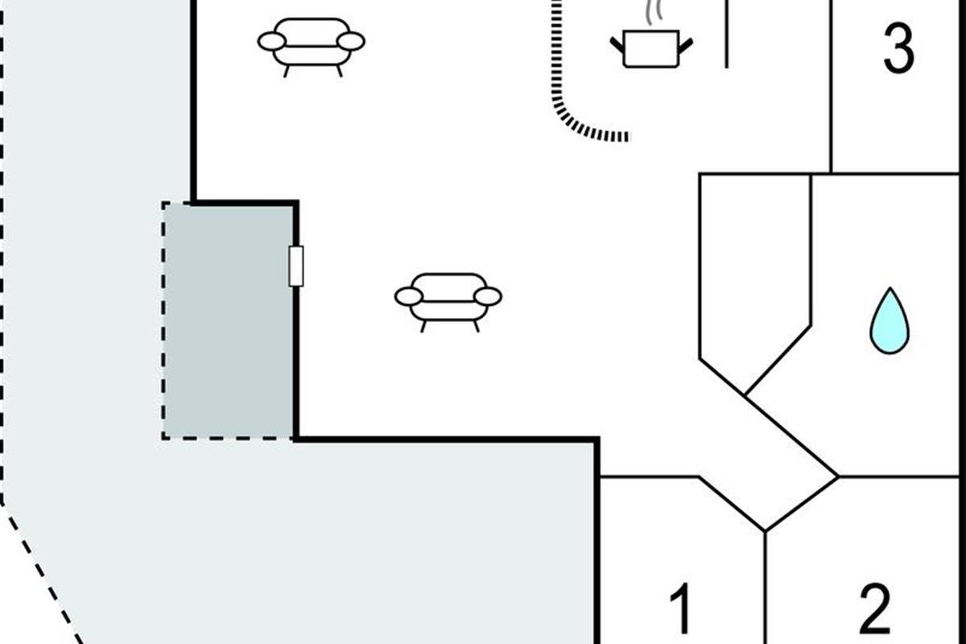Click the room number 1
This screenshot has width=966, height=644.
(681, 609)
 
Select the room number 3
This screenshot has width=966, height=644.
(898, 48)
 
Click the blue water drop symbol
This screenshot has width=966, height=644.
(890, 321)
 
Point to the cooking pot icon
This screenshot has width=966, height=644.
(651, 49)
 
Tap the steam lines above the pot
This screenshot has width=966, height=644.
(654, 12)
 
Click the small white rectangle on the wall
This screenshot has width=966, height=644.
(296, 266)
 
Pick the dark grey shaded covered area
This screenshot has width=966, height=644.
(229, 321)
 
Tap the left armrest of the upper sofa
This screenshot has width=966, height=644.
(272, 42)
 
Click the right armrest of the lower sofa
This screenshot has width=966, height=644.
(488, 297)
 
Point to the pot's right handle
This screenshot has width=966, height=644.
(686, 46)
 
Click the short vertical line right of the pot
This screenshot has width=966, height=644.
(727, 34)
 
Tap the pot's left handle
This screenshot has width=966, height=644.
(617, 45)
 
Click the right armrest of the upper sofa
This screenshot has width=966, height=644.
(351, 42)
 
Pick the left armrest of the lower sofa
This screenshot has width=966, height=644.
(408, 297)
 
